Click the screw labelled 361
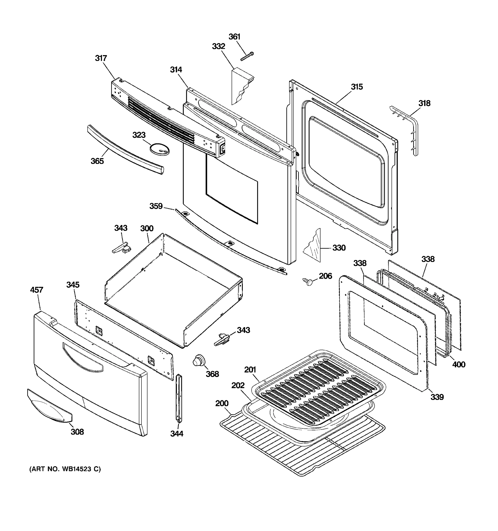tap(247, 57)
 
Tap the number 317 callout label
tap(101, 58)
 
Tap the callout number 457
tap(37, 290)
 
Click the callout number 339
tap(437, 397)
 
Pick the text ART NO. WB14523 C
tap(65, 469)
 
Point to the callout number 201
tap(250, 370)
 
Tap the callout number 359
tap(156, 206)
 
